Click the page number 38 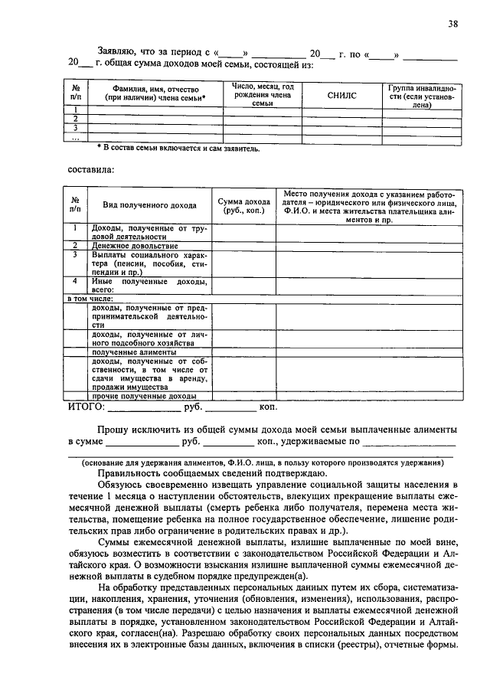pyautogui.click(x=453, y=24)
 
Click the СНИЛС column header pyautogui.click(x=341, y=96)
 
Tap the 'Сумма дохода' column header pyautogui.click(x=244, y=204)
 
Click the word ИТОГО pyautogui.click(x=85, y=407)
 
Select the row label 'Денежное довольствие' pyautogui.click(x=135, y=246)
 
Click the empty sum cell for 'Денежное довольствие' pyautogui.click(x=244, y=246)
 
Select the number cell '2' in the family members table pyautogui.click(x=75, y=119)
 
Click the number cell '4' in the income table pyautogui.click(x=75, y=281)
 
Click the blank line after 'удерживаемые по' pyautogui.click(x=409, y=443)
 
